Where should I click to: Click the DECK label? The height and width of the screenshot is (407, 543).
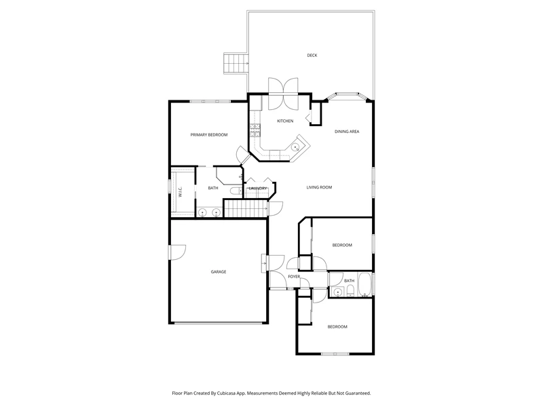tap(312, 56)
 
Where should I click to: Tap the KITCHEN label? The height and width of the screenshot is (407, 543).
tap(285, 121)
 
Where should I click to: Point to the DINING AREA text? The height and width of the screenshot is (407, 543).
tap(347, 132)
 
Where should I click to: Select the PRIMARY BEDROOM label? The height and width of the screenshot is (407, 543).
tap(209, 135)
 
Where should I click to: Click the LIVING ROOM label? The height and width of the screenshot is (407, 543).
tap(319, 187)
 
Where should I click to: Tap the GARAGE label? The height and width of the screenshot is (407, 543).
tap(219, 272)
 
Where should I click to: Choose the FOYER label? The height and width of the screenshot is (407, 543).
tap(294, 277)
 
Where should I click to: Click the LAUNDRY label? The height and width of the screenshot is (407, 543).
tap(258, 189)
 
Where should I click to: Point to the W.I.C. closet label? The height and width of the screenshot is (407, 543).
tap(181, 192)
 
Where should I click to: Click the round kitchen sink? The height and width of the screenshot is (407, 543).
tap(295, 147)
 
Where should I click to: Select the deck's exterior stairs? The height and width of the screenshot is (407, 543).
tap(236, 64)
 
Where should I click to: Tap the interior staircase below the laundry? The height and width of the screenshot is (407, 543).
tap(246, 208)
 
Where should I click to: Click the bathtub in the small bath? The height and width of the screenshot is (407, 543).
tap(364, 285)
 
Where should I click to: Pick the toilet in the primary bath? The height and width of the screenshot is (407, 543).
tap(237, 191)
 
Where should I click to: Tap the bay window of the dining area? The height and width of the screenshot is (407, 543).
tap(348, 96)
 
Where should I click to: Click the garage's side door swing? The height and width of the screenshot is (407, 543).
tap(178, 252)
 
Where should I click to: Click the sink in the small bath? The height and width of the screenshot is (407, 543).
tap(337, 292)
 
